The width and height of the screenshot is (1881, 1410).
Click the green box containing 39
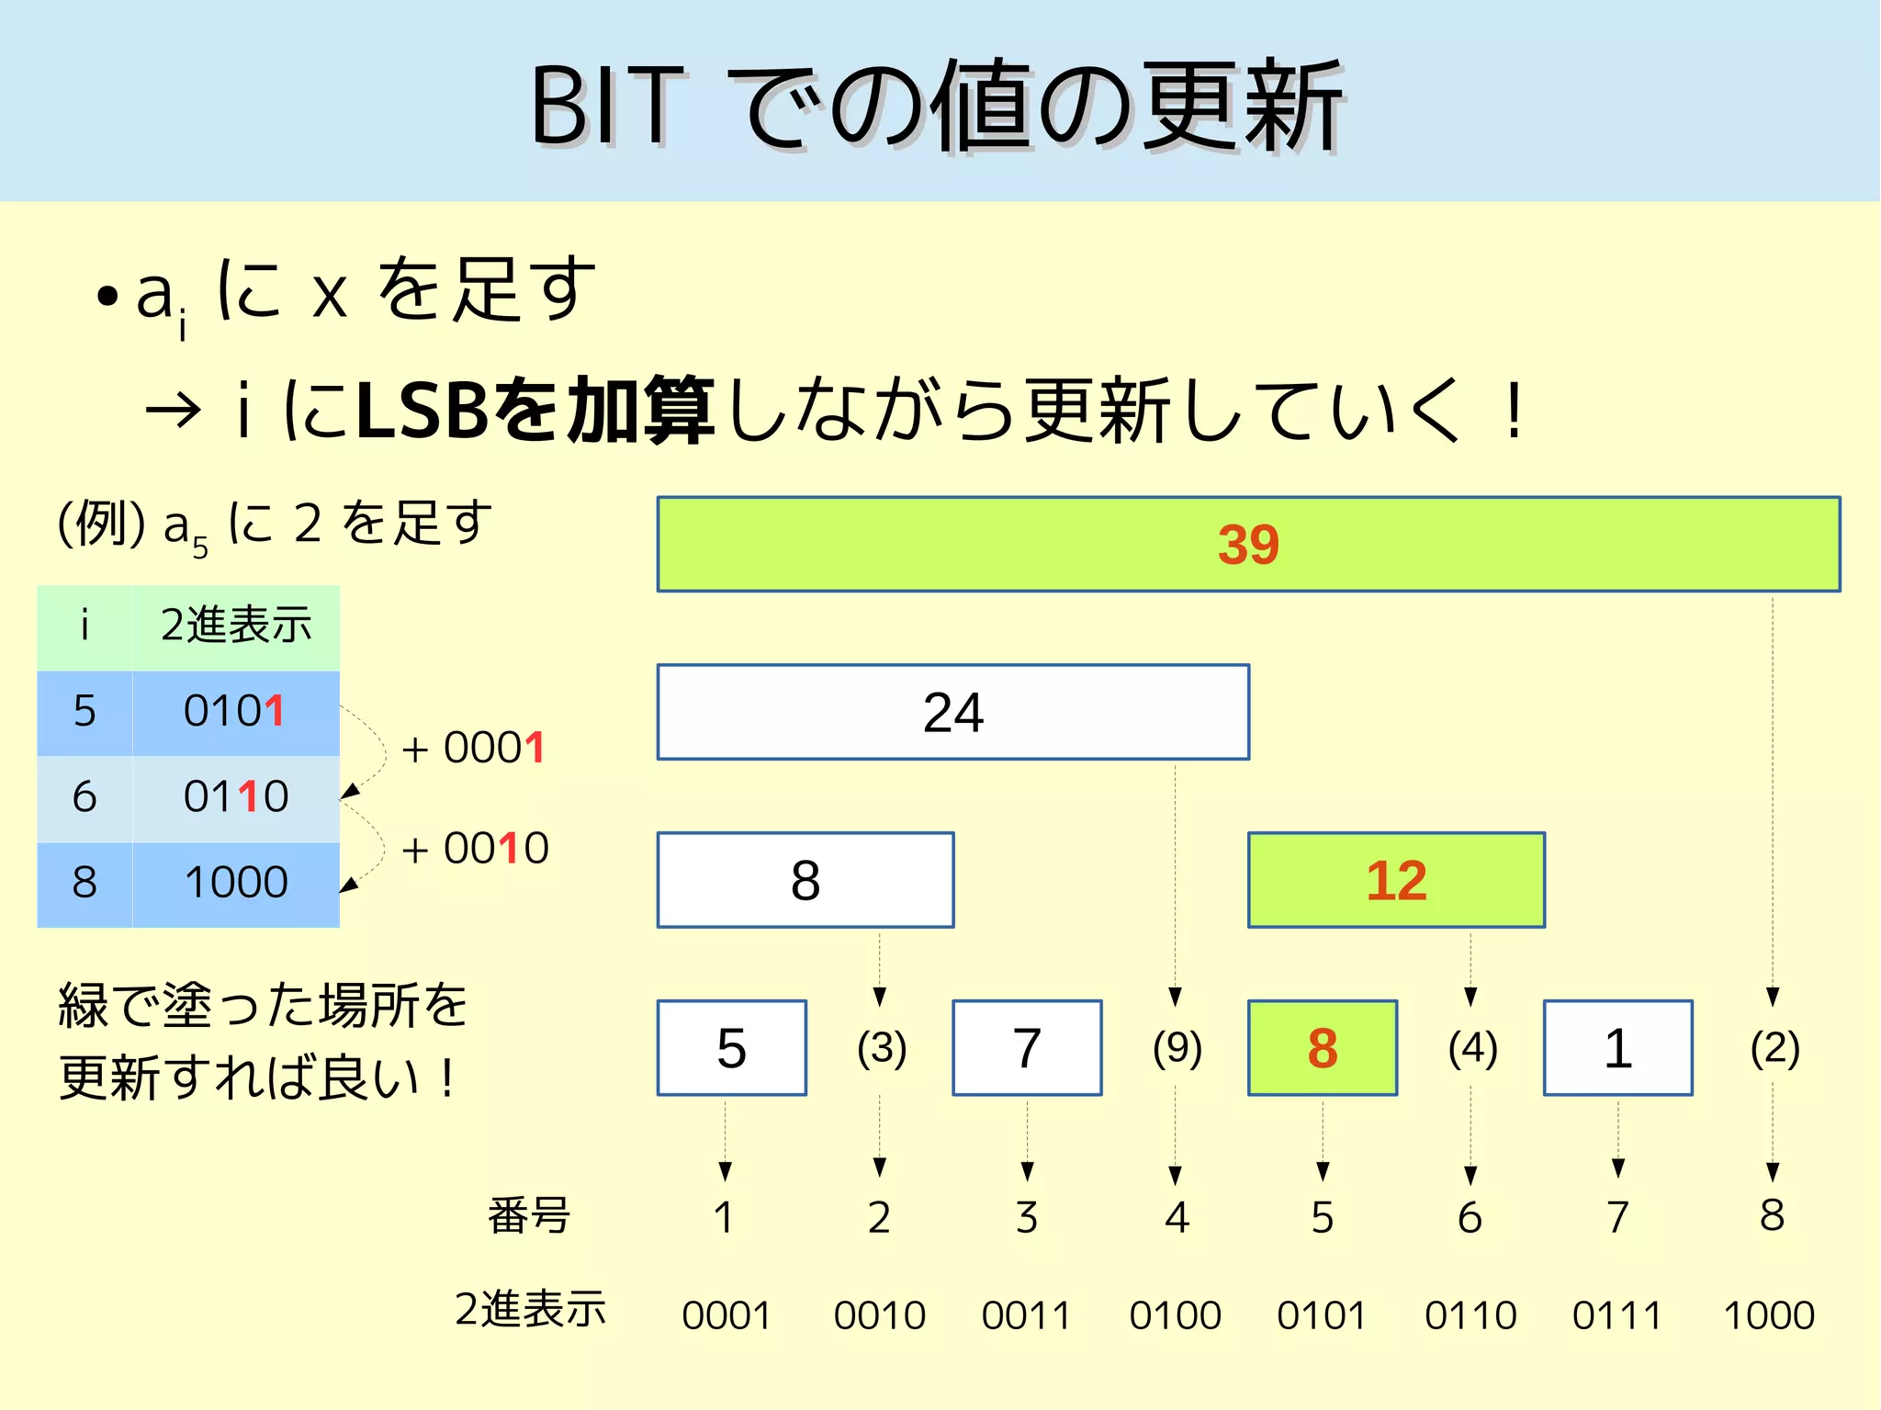pos(1248,544)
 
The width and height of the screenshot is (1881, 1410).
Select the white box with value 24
pos(952,712)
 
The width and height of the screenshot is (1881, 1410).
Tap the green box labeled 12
pos(1396,880)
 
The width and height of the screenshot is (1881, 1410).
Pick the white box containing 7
pos(1027,1048)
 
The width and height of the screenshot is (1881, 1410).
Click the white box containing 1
pos(1617,1048)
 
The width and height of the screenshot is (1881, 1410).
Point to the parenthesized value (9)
pos(1177,1047)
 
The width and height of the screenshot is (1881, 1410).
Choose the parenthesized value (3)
pos(881,1047)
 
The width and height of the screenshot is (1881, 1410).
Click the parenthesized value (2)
pos(1774,1047)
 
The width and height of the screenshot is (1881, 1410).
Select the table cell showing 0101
pos(235,712)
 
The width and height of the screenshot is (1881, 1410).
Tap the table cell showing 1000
pos(236,883)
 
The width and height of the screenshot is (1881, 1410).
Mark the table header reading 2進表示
pos(236,626)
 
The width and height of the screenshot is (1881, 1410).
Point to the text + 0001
pos(474,749)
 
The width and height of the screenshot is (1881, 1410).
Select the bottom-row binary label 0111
pos(1617,1315)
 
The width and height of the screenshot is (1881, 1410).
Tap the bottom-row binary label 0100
pos(1175,1315)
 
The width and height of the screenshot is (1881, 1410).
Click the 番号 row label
pos(529,1216)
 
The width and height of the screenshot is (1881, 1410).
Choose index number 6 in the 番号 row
pos(1470,1218)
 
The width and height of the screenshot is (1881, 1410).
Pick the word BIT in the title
pos(607,107)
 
